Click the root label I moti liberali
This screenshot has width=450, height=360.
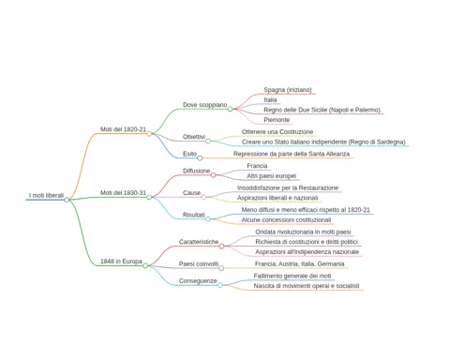click(46, 195)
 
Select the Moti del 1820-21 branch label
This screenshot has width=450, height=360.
click(123, 129)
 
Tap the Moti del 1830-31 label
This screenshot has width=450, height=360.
click(123, 192)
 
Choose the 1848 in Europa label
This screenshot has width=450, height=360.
click(121, 261)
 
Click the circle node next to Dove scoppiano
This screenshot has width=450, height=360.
click(230, 109)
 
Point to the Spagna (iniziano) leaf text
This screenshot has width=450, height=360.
click(288, 90)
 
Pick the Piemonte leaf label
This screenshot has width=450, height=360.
click(277, 120)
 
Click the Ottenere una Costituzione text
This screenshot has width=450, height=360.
click(277, 132)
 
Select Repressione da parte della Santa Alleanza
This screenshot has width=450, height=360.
click(292, 154)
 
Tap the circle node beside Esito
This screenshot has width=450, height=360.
click(200, 158)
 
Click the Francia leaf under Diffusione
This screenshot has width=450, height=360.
click(257, 166)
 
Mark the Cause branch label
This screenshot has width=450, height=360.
click(191, 193)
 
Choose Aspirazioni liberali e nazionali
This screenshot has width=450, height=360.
click(277, 198)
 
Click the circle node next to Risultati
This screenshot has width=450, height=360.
click(208, 219)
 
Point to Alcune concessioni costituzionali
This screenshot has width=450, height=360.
click(286, 219)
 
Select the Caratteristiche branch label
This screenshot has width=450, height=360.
click(199, 242)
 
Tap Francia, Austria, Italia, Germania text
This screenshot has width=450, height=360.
click(299, 263)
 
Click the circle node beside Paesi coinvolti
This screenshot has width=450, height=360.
click(221, 268)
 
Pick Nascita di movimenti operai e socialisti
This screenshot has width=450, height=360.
click(307, 286)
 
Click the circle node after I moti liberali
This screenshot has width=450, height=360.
click(67, 200)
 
